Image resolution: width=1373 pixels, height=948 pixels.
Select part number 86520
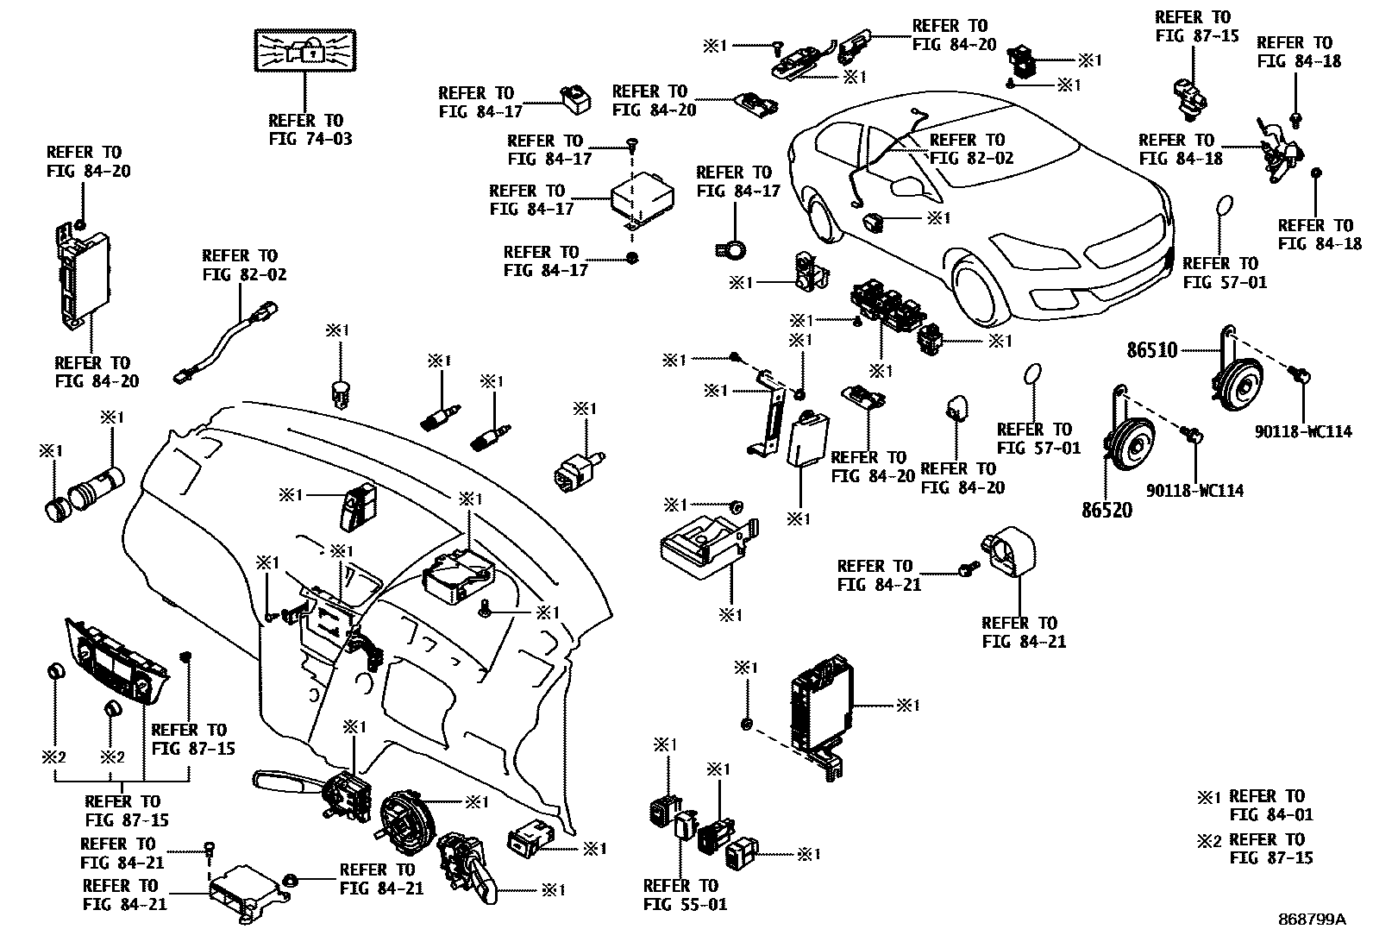[1107, 509]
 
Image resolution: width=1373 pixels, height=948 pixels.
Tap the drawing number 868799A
[1311, 920]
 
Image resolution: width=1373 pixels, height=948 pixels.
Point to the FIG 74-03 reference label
[305, 129]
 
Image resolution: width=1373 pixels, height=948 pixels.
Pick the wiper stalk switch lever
[285, 782]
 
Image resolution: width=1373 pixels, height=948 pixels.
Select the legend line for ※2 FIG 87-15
[1255, 848]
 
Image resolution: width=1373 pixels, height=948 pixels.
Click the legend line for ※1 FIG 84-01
[1255, 805]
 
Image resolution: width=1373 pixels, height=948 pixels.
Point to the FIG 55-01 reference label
[685, 895]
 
